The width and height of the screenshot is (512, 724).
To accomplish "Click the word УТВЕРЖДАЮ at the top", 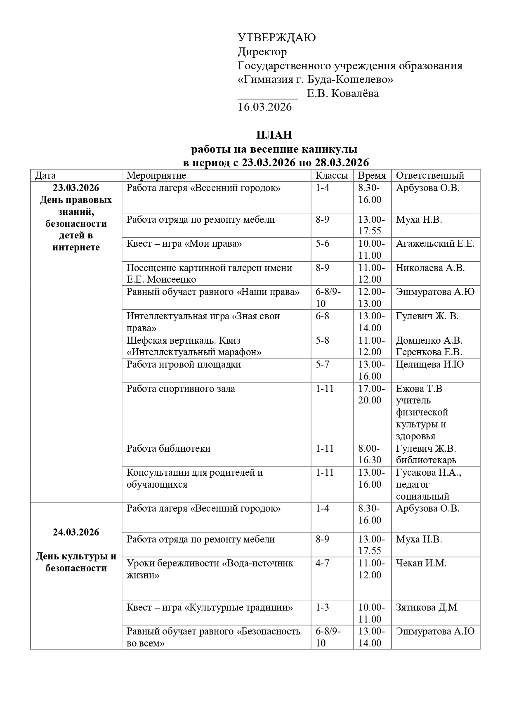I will point(276,38).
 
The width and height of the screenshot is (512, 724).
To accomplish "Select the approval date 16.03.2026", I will point(264,107).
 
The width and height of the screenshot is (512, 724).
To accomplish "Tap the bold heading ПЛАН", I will point(274,135).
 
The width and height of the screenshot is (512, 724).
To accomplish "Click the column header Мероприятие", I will point(156,175).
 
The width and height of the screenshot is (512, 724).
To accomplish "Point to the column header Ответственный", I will point(430,175).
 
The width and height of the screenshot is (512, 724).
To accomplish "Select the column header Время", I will point(372,175).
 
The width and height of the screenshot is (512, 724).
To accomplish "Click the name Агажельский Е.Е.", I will point(435,244).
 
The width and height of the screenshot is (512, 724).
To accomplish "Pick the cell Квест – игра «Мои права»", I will point(184,244).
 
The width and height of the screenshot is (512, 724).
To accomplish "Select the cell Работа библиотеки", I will point(168,448).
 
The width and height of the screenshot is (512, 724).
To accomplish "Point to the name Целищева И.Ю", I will point(430,365).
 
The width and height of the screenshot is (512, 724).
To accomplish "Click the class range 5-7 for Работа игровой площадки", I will point(323,365).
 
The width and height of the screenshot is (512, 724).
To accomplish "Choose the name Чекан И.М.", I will point(421,564).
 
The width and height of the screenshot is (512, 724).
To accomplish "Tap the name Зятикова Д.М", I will point(427,608).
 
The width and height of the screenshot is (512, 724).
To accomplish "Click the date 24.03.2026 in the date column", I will point(76,533).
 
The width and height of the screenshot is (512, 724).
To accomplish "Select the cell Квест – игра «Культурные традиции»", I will point(210,608).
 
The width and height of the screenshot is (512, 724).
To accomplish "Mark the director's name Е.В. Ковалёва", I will point(342,94).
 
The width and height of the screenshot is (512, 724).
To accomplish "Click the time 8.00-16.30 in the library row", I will point(370,454).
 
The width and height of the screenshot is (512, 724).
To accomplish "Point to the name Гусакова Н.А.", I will point(428,473).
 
